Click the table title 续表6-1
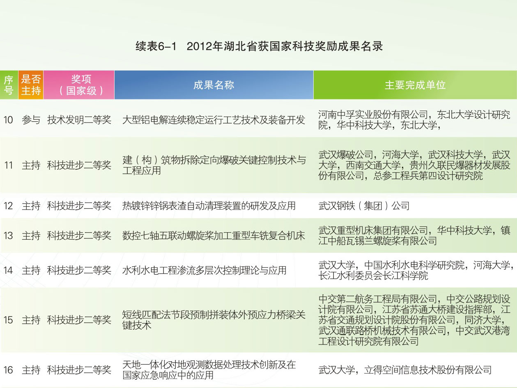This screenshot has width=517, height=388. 156,46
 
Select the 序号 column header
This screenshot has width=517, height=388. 9,85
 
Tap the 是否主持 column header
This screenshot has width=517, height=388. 31,85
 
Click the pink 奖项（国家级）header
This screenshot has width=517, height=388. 79,85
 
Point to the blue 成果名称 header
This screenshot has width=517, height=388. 214,85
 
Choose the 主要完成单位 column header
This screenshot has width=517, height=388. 415,85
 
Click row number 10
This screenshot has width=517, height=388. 8,120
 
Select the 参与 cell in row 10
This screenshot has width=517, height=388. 31,120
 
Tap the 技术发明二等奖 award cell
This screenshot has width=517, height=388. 79,120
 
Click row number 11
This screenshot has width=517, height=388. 9,165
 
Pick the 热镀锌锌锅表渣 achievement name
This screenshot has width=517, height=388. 209,206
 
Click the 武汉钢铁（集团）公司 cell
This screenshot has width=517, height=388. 364,206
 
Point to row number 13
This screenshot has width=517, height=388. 8,236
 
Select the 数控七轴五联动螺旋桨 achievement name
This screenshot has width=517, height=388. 214,236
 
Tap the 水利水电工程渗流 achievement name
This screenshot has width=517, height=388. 204,270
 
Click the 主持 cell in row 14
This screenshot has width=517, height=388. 31,270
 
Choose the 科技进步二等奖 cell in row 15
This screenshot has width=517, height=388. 79,320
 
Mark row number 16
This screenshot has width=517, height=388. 8,370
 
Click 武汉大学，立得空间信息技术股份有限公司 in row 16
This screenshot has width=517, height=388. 405,370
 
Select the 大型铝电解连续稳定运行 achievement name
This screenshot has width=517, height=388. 214,120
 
